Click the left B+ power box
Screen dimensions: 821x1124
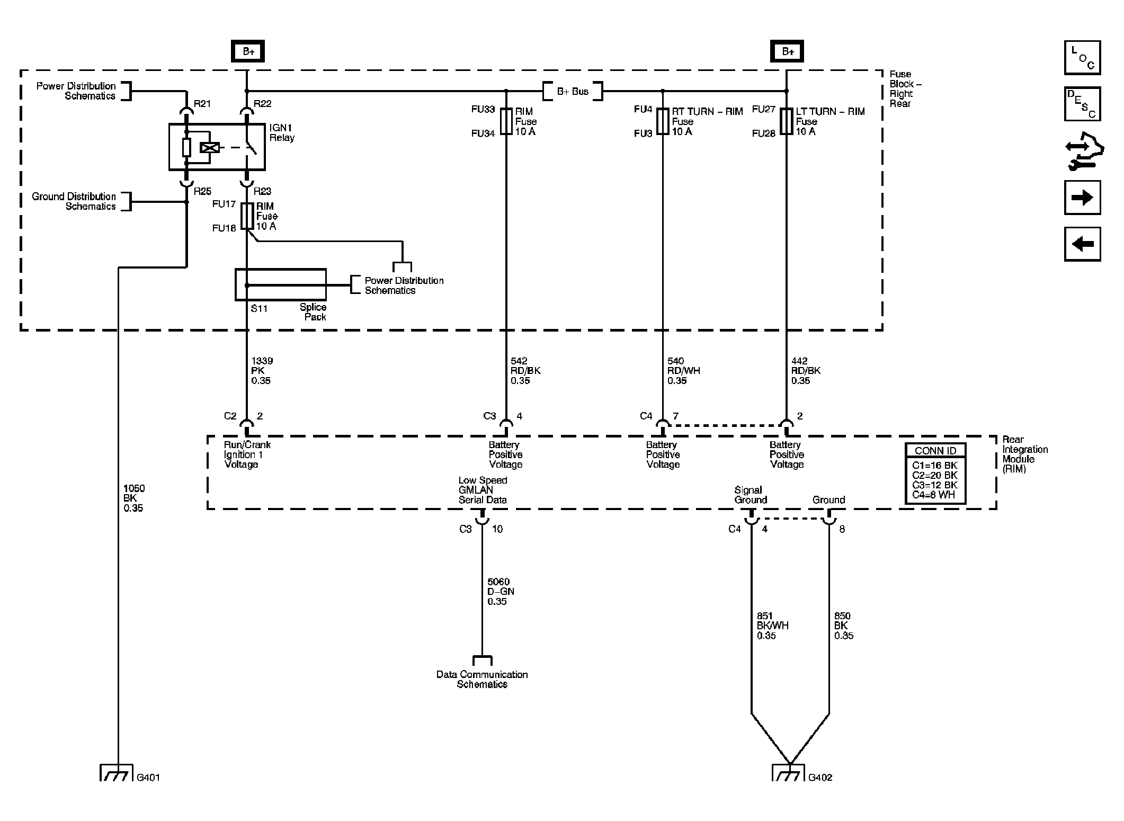click(x=247, y=51)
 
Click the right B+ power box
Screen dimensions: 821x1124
click(x=787, y=51)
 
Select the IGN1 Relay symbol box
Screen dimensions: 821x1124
click(x=217, y=147)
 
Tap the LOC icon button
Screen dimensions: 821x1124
click(x=1082, y=58)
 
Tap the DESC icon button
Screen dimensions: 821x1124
click(x=1082, y=104)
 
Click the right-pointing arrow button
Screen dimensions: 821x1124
click(x=1082, y=198)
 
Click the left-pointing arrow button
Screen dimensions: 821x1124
click(x=1082, y=244)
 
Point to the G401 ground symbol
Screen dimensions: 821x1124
click(x=117, y=773)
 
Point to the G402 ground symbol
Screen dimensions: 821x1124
click(x=788, y=773)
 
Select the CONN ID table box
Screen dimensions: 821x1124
click(x=935, y=474)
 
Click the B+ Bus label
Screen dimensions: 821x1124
click(x=573, y=91)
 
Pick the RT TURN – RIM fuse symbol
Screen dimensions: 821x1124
click(x=663, y=121)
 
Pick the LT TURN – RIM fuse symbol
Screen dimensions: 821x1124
click(x=787, y=121)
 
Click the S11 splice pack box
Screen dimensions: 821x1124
click(x=280, y=284)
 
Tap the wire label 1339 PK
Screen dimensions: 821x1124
click(x=262, y=370)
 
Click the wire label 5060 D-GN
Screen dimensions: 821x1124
click(x=500, y=591)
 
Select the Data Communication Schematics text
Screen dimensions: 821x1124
click(x=482, y=679)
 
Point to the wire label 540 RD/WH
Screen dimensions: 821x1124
click(x=683, y=370)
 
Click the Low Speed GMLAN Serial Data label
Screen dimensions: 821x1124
click(x=483, y=490)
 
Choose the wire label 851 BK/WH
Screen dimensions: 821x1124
click(x=772, y=626)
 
